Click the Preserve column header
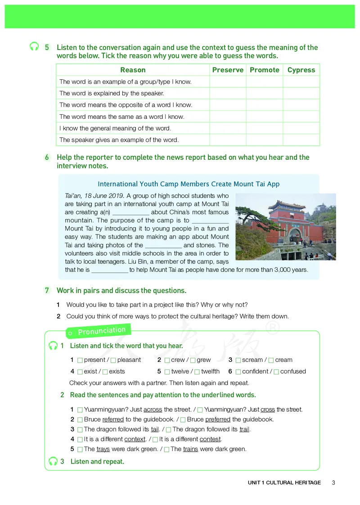pyautogui.click(x=228, y=70)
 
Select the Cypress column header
pyautogui.click(x=301, y=70)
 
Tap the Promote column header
pyautogui.click(x=265, y=70)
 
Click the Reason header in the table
pyautogui.click(x=133, y=70)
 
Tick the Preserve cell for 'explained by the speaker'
pyautogui.click(x=228, y=93)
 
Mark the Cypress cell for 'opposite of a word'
pyautogui.click(x=301, y=105)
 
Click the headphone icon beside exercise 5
pyautogui.click(x=34, y=47)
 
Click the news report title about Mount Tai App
pyautogui.click(x=189, y=184)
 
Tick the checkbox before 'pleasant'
pyautogui.click(x=113, y=360)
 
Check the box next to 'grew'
pyautogui.click(x=193, y=360)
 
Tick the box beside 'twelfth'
pyautogui.click(x=197, y=372)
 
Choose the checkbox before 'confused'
pyautogui.click(x=276, y=372)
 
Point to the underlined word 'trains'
pyautogui.click(x=190, y=449)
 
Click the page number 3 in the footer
pyautogui.click(x=333, y=483)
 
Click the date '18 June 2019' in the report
pyautogui.click(x=105, y=196)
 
